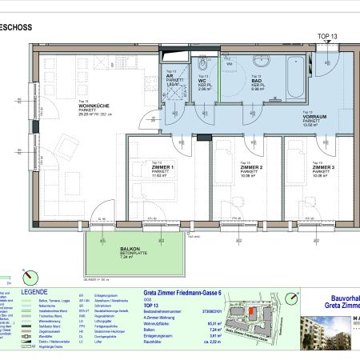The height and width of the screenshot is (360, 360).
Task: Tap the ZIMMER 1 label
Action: coord(164,167)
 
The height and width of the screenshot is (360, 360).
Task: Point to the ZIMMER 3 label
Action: coord(321,167)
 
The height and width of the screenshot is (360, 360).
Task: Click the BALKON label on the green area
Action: coord(130,250)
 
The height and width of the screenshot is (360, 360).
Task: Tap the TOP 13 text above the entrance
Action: coord(328,37)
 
